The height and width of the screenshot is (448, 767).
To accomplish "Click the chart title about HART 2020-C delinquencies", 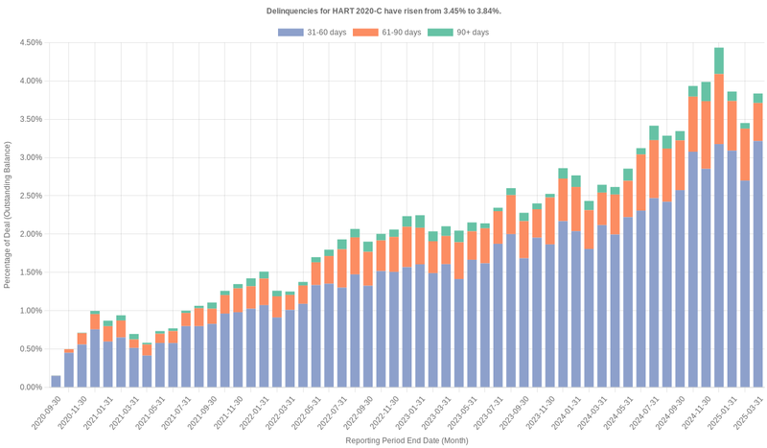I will point(383,11).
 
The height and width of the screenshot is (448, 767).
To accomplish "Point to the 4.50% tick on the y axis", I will point(30,43).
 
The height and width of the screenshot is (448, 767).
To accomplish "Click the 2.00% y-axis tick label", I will point(30,234).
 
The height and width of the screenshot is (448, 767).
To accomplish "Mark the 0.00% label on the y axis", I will point(30,388).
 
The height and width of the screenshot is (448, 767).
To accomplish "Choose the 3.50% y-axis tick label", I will point(30,120).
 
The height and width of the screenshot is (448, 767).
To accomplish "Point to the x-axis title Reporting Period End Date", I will point(407,440).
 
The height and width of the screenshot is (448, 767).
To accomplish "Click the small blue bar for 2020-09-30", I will point(56,382).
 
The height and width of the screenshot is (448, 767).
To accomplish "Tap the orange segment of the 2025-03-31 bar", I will point(757,123).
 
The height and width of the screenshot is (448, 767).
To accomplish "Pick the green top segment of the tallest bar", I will point(718,60).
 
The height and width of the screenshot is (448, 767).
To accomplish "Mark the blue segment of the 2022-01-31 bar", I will point(264,346).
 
